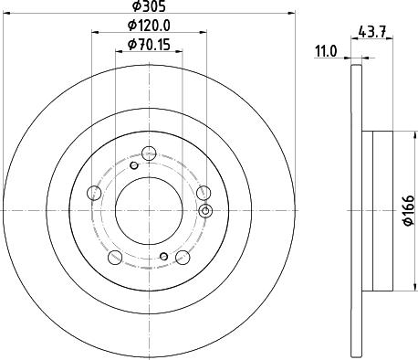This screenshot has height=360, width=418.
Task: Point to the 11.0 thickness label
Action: pos(326,54)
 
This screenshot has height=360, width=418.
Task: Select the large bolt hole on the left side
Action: pos(93,193)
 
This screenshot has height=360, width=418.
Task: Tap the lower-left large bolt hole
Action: pos(115,259)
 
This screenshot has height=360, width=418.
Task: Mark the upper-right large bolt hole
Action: pos(205,192)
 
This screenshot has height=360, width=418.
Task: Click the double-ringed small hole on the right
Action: pos(205,212)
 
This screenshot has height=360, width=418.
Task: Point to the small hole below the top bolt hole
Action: pos(133,164)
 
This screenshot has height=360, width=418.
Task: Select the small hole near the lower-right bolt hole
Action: pos(163,256)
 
